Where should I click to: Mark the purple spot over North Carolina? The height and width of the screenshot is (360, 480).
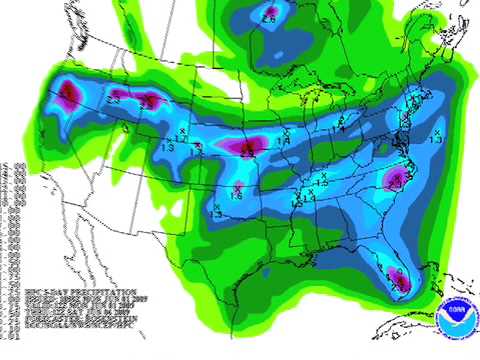click(x=393, y=180)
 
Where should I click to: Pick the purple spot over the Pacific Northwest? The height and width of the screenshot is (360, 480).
click(x=68, y=96)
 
